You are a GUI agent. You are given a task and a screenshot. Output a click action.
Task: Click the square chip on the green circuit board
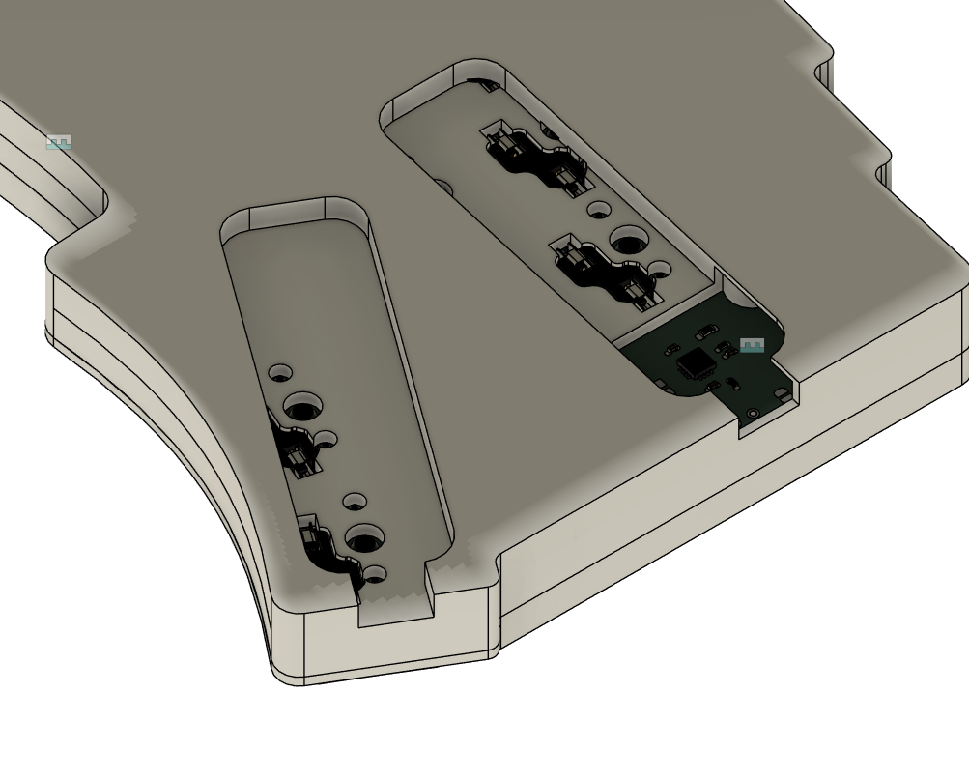point(696,364)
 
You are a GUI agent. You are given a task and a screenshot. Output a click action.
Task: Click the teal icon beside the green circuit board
point(752,345)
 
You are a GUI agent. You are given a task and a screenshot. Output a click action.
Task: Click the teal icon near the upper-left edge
point(59,143)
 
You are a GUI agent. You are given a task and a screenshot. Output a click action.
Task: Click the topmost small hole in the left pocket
point(281,372)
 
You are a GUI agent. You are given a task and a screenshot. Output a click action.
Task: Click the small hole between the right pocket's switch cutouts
point(599,208)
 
